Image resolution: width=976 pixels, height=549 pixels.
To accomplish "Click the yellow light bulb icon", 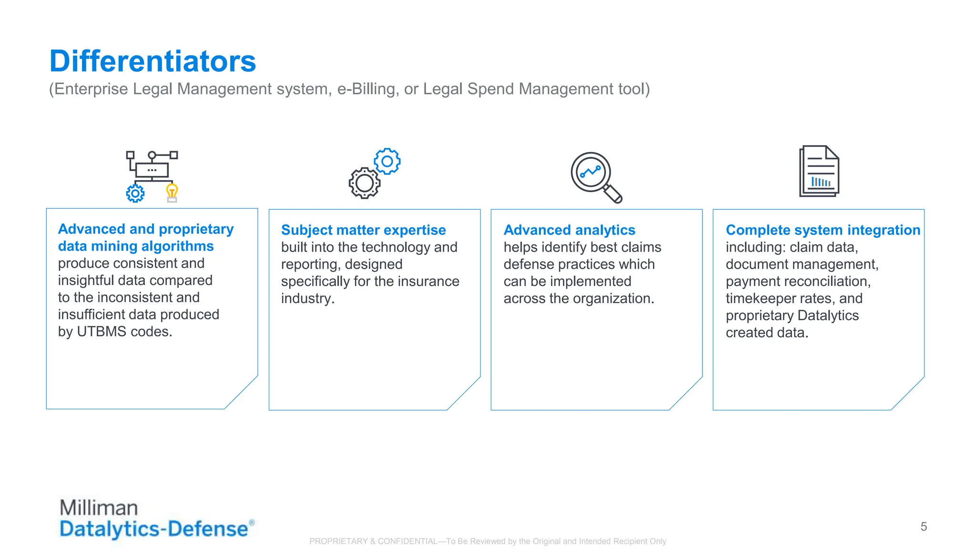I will [172, 193].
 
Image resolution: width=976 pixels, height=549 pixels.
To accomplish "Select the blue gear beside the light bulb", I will [135, 193].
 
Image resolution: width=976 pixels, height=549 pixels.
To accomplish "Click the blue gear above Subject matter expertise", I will [387, 161].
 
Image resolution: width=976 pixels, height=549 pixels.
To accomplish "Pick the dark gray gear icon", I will [365, 183].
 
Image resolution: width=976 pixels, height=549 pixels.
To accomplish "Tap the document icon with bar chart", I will [819, 171].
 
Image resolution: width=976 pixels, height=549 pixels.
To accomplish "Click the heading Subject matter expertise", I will [363, 230].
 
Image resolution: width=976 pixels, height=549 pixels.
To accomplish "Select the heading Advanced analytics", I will [569, 230].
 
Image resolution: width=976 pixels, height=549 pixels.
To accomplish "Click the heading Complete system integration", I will [823, 230].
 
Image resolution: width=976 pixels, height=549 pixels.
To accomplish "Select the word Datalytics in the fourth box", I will [828, 316].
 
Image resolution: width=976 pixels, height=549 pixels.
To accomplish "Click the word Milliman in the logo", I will [99, 508].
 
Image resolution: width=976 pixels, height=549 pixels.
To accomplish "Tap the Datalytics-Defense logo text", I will [153, 529].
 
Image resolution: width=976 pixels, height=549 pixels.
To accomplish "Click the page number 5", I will [924, 527].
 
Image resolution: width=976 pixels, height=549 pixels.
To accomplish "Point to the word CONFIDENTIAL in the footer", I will [407, 541].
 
